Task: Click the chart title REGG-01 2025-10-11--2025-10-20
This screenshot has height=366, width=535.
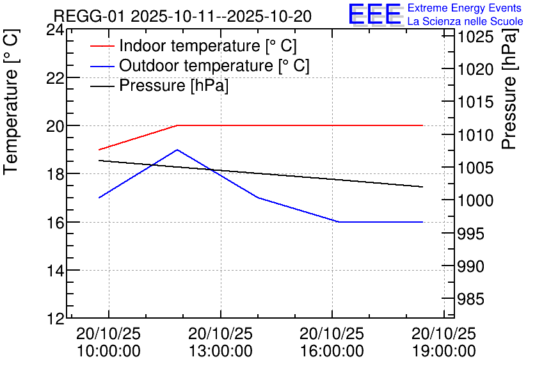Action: pyautogui.click(x=182, y=16)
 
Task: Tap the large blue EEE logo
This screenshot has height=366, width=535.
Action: pyautogui.click(x=374, y=14)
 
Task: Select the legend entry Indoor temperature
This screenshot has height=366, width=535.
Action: pyautogui.click(x=208, y=46)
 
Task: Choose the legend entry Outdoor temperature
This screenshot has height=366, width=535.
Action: pyautogui.click(x=214, y=66)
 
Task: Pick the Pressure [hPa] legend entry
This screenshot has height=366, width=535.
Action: pyautogui.click(x=173, y=86)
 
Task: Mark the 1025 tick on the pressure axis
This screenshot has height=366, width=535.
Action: pyautogui.click(x=475, y=37)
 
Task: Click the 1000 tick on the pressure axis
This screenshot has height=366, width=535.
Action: pyautogui.click(x=475, y=201)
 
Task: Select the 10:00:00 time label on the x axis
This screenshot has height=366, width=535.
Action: pyautogui.click(x=108, y=351)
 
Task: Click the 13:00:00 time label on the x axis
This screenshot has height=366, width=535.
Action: pyautogui.click(x=221, y=351)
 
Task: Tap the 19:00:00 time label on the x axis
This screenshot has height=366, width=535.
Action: pyautogui.click(x=443, y=351)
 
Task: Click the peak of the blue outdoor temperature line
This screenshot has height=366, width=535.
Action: pyautogui.click(x=177, y=150)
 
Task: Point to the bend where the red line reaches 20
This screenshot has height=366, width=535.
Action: pyautogui.click(x=177, y=125)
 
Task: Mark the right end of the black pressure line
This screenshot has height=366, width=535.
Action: pyautogui.click(x=423, y=187)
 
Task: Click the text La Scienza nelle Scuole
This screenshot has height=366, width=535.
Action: pyautogui.click(x=465, y=22)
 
